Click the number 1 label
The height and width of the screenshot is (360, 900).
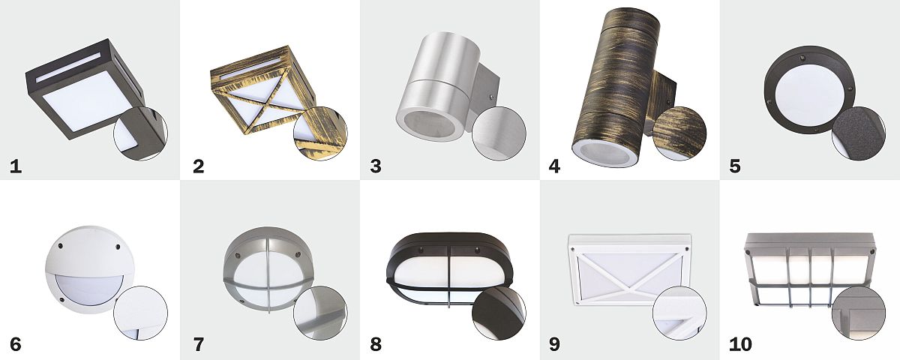tap(16, 166)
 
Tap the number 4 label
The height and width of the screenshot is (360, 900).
tap(554, 166)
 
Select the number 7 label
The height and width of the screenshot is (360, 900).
tap(199, 345)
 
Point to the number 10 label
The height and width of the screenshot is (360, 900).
tap(740, 345)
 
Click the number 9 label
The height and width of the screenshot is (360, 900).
tap(554, 345)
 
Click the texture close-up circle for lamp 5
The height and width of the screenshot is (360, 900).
tap(859, 133)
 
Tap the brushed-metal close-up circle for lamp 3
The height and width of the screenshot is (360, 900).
tap(499, 133)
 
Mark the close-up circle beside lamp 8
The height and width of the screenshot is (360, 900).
tap(499, 313)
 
